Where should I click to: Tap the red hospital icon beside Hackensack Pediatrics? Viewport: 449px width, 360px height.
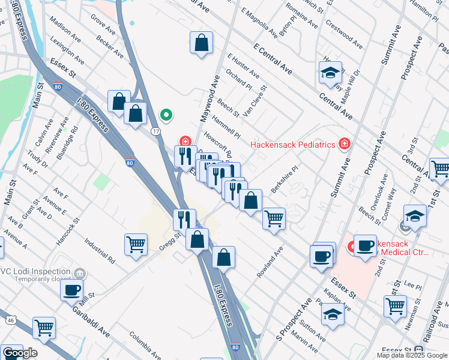click(x=344, y=143)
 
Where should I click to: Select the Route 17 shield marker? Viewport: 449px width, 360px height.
click(x=155, y=130)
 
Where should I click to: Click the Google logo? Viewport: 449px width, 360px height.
click(x=19, y=353)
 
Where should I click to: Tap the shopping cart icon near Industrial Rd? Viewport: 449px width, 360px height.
click(x=136, y=244)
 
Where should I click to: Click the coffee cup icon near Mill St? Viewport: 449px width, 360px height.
click(x=72, y=290)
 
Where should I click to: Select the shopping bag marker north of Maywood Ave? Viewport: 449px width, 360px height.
click(x=202, y=42)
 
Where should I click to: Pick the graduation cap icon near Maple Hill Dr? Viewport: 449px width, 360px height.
click(x=330, y=73)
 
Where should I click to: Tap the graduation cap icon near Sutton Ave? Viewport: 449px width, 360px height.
click(x=333, y=314)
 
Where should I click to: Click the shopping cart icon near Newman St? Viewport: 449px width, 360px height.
click(x=395, y=305)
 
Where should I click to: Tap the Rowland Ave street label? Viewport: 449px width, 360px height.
click(x=270, y=262)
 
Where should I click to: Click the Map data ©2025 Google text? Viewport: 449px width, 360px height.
click(x=412, y=355)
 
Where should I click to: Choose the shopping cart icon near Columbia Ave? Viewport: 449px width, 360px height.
click(x=44, y=328)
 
